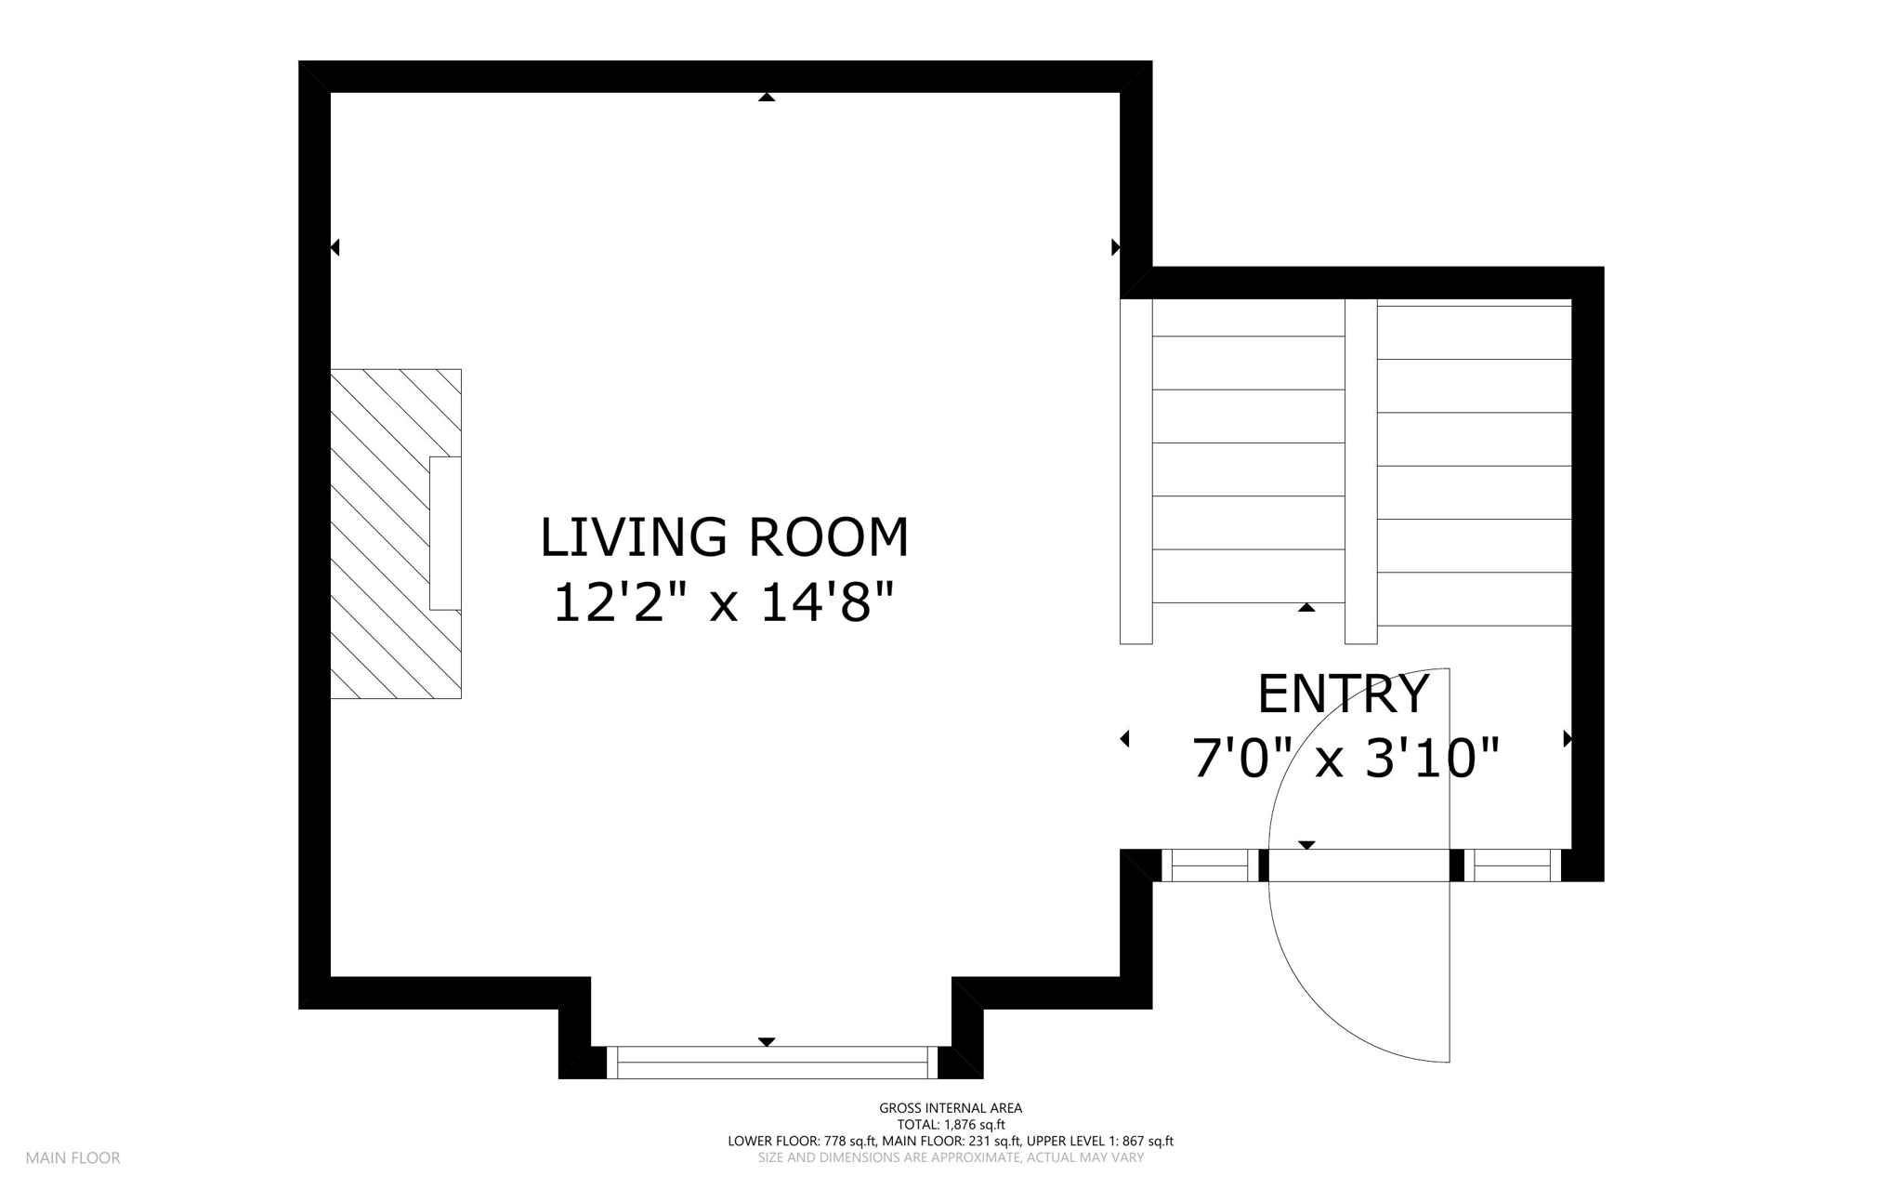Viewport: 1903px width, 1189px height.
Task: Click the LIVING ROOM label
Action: click(724, 537)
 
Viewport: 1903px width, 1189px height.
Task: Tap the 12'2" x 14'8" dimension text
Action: click(724, 602)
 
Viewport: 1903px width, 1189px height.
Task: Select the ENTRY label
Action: click(1343, 694)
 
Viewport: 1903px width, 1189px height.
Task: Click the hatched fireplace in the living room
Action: click(396, 534)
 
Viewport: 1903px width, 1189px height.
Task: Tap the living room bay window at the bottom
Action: click(772, 1062)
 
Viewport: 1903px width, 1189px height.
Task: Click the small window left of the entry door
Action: click(1210, 865)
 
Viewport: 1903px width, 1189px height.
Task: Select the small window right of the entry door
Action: click(1513, 865)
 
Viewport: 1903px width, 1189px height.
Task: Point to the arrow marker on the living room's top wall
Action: click(767, 97)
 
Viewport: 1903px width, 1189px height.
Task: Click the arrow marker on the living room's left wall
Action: click(335, 247)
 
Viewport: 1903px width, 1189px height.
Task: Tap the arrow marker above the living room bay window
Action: click(767, 1042)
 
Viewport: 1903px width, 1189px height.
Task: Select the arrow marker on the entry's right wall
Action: click(1568, 739)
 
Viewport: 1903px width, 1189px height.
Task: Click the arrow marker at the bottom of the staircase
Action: click(1306, 607)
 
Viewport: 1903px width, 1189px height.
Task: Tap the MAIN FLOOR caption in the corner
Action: click(72, 1158)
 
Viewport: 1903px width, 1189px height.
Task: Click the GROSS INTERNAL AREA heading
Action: click(951, 1108)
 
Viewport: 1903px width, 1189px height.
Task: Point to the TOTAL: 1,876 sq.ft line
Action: click(951, 1125)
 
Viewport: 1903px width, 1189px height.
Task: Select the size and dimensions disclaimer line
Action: click(951, 1158)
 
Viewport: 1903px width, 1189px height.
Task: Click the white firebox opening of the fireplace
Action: click(445, 534)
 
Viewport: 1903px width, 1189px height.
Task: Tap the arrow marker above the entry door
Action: click(1306, 845)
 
